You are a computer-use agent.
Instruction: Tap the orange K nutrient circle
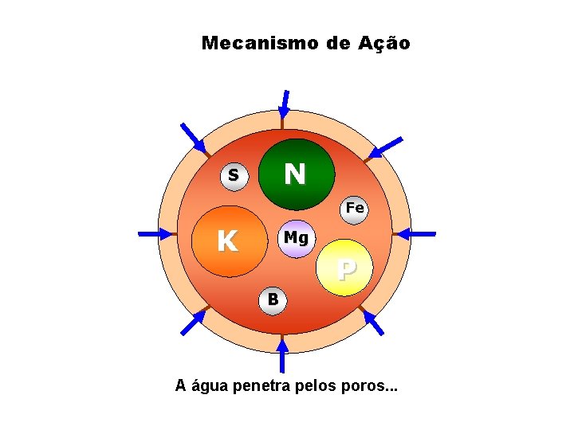tap(230, 240)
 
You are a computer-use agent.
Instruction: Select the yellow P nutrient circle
tap(344, 268)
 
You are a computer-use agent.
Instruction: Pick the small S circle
tap(234, 175)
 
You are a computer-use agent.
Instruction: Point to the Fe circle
tap(354, 209)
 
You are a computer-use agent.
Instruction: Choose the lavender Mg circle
tap(296, 238)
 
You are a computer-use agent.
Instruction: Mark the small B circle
tap(273, 299)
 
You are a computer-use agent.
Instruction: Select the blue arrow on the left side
tap(155, 234)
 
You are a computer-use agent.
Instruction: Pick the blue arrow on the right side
tap(415, 234)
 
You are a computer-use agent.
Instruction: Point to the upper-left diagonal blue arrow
tap(193, 138)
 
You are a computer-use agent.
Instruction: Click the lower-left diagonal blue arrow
tap(192, 322)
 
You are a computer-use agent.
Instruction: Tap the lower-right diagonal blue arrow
tap(372, 322)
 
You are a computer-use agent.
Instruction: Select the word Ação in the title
tap(385, 43)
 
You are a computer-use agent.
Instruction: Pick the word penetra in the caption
tap(262, 387)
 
